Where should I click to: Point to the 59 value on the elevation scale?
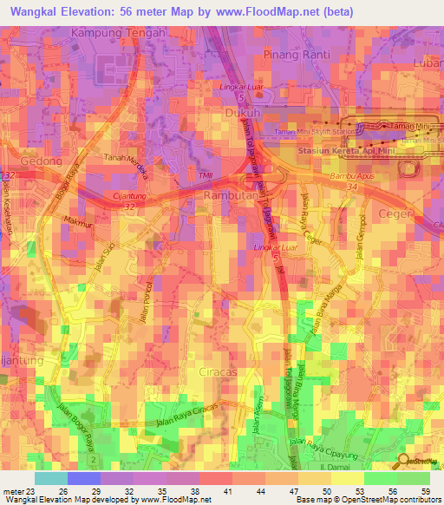tap(414, 490)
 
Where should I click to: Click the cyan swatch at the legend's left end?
tap(51, 477)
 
